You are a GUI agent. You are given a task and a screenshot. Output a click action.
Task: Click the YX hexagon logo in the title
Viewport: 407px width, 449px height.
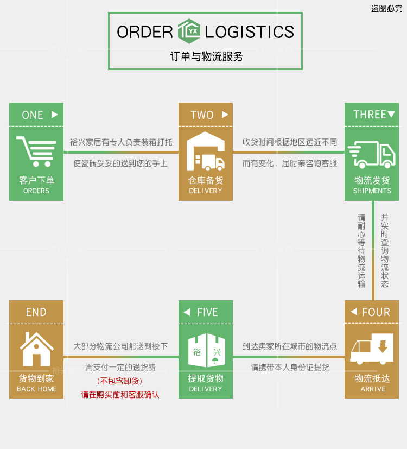(x=189, y=31)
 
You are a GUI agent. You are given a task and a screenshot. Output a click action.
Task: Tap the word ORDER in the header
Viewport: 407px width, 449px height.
(x=145, y=32)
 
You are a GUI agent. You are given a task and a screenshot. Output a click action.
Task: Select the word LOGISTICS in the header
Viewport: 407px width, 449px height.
(x=249, y=32)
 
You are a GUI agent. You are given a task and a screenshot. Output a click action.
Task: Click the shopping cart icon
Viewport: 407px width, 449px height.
(x=36, y=151)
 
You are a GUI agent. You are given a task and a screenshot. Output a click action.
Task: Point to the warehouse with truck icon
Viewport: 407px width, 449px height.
(x=205, y=151)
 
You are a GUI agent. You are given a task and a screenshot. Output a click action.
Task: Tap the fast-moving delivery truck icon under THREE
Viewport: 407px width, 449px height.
(x=372, y=154)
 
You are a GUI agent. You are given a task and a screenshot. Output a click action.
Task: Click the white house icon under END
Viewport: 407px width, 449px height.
(x=36, y=349)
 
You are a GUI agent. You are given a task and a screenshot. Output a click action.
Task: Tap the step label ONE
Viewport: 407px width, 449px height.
(x=33, y=115)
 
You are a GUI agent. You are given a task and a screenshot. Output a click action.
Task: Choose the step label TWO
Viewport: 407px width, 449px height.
(x=202, y=115)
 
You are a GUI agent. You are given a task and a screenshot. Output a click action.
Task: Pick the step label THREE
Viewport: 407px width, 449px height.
(x=370, y=115)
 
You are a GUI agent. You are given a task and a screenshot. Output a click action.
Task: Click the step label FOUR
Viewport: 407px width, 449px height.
(x=376, y=312)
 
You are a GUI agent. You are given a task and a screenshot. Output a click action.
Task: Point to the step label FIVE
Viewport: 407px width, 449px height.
(x=207, y=312)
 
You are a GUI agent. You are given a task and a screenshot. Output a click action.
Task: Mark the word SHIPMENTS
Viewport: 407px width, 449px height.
(x=372, y=191)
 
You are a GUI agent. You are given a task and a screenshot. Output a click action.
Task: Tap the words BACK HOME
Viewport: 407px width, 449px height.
(x=36, y=389)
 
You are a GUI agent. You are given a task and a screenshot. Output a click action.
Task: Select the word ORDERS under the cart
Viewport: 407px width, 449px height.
(x=36, y=191)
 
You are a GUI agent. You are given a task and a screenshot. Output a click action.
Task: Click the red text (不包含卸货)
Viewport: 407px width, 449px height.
(x=120, y=381)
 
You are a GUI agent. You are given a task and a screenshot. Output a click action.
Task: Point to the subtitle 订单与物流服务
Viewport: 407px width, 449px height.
(x=206, y=56)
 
